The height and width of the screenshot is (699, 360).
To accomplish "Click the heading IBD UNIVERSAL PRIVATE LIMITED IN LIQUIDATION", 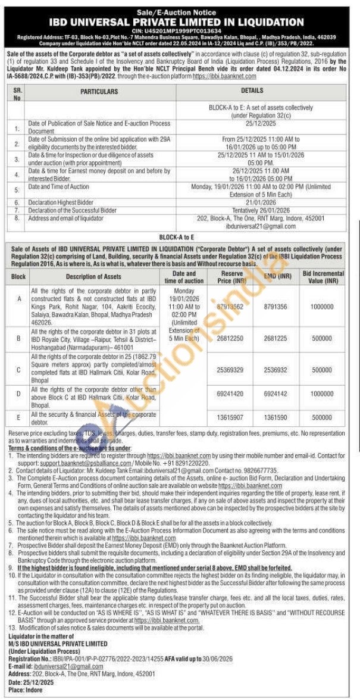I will [x=180, y=22].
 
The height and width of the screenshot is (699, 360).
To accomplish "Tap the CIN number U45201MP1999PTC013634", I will [x=180, y=31].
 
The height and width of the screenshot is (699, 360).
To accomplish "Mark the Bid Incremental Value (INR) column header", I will [x=323, y=276].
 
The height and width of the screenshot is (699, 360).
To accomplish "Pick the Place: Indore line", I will [x=23, y=689].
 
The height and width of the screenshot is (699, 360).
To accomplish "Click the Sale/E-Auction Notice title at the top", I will [x=180, y=12].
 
